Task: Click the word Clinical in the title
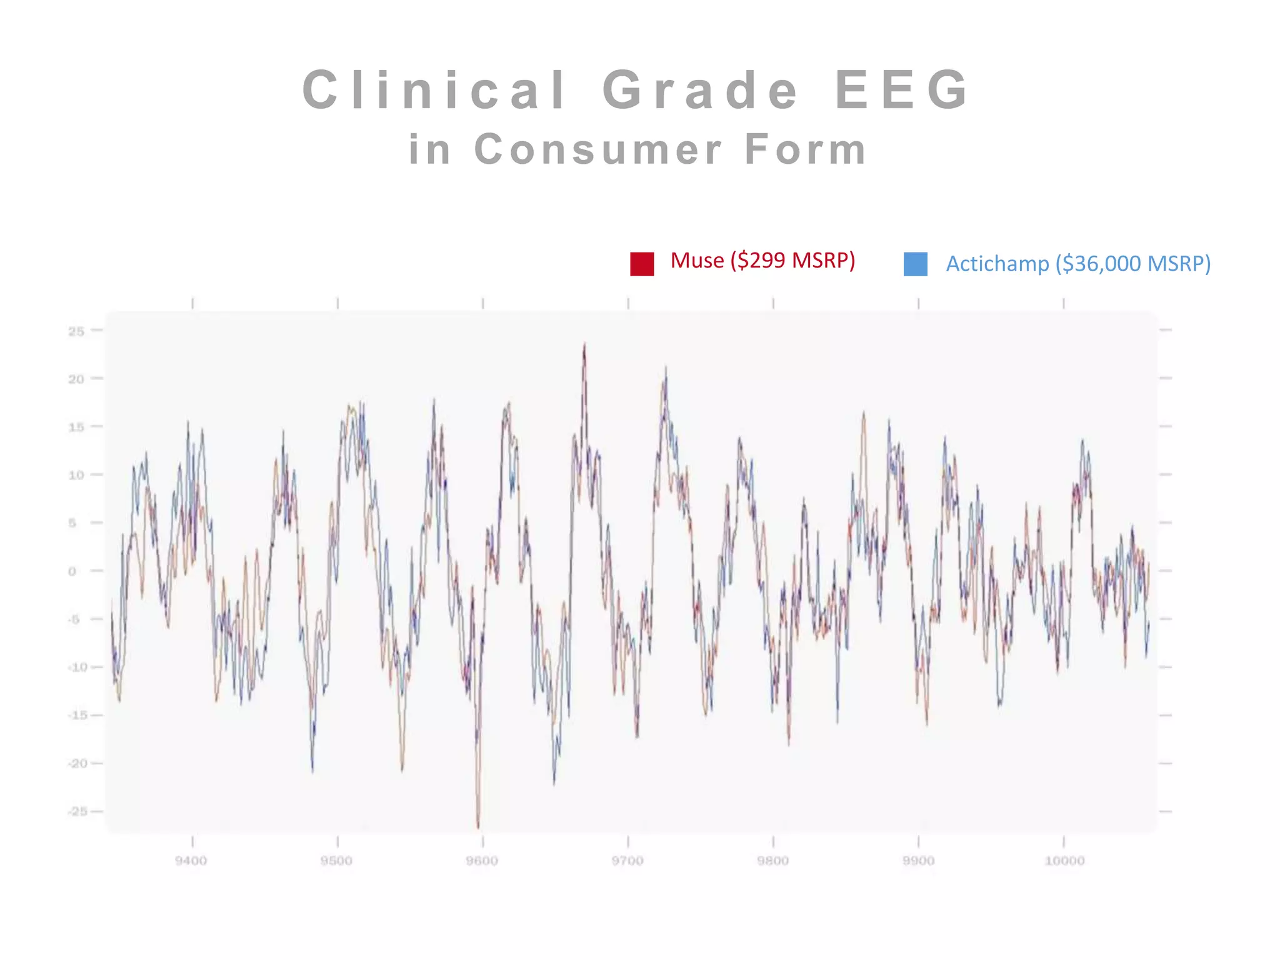[x=434, y=90]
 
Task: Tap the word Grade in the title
[x=701, y=90]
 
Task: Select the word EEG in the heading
[x=902, y=90]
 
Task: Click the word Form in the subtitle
[x=805, y=150]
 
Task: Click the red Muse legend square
[x=642, y=264]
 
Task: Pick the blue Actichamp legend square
[x=915, y=264]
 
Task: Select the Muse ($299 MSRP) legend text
[x=762, y=261]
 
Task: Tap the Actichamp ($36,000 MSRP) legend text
[x=1078, y=264]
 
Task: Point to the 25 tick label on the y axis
[x=76, y=331]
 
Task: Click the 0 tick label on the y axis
[x=72, y=571]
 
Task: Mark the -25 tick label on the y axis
[x=77, y=811]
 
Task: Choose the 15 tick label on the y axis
[x=76, y=427]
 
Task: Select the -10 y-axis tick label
[x=77, y=667]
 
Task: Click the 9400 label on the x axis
[x=191, y=861]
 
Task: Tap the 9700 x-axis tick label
[x=627, y=861]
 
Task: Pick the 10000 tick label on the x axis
[x=1064, y=861]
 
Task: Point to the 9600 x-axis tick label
[x=482, y=861]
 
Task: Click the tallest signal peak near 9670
[x=584, y=344]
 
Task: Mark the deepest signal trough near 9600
[x=478, y=827]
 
